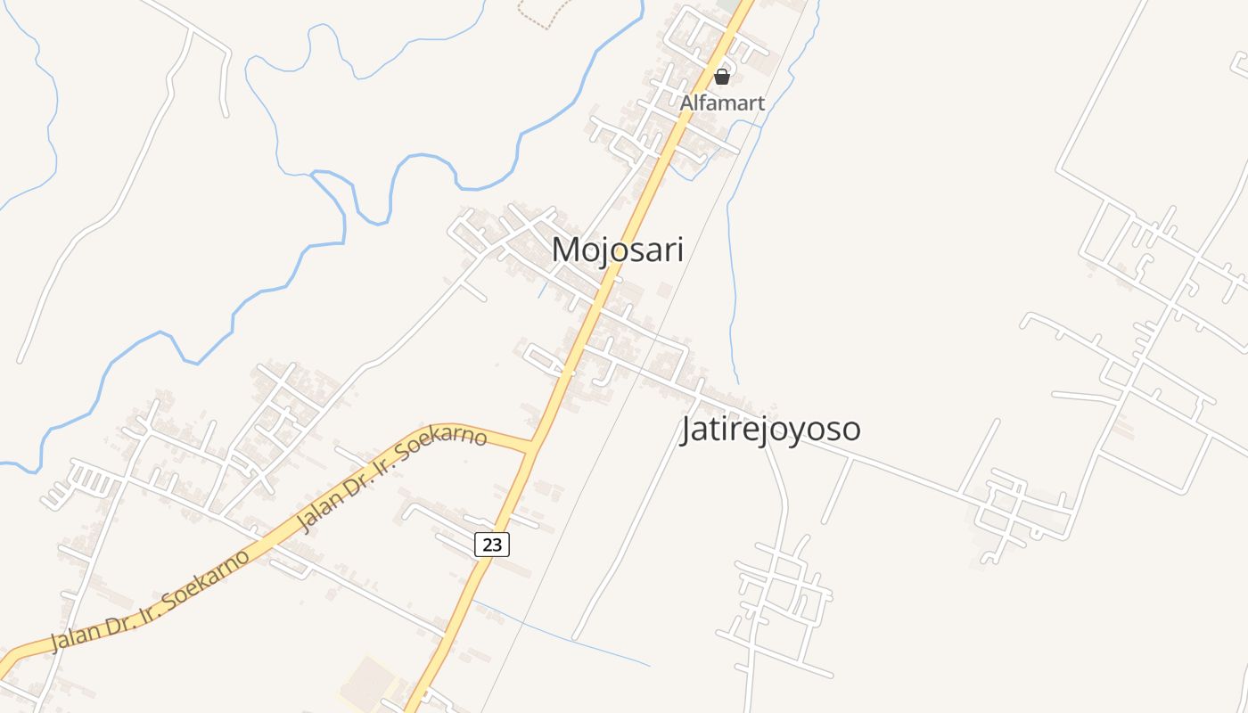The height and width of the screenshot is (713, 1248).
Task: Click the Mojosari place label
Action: (618, 250)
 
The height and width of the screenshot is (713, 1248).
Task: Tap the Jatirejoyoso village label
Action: (770, 430)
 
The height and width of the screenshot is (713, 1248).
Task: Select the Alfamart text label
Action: (722, 103)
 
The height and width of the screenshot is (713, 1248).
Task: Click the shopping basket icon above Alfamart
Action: (722, 78)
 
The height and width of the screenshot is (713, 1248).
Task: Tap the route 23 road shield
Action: (492, 544)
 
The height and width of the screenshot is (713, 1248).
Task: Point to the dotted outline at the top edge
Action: (544, 12)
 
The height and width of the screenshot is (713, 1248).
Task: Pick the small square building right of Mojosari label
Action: (665, 291)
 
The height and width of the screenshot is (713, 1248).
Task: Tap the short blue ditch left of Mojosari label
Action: (541, 291)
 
